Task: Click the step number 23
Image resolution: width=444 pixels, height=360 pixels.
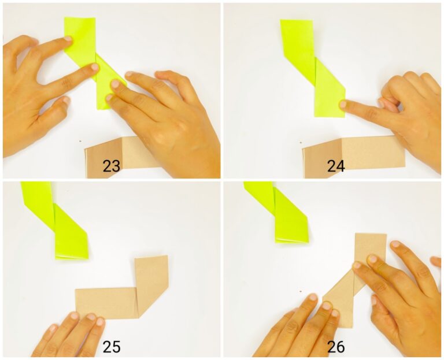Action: click(x=111, y=166)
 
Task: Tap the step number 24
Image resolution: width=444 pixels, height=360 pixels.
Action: click(x=335, y=166)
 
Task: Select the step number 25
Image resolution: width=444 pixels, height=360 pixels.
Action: click(x=111, y=347)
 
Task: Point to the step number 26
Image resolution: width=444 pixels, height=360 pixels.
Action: click(x=335, y=347)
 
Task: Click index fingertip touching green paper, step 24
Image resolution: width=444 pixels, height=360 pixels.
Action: click(x=343, y=104)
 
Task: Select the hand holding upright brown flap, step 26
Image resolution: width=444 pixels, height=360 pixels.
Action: click(x=399, y=289)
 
